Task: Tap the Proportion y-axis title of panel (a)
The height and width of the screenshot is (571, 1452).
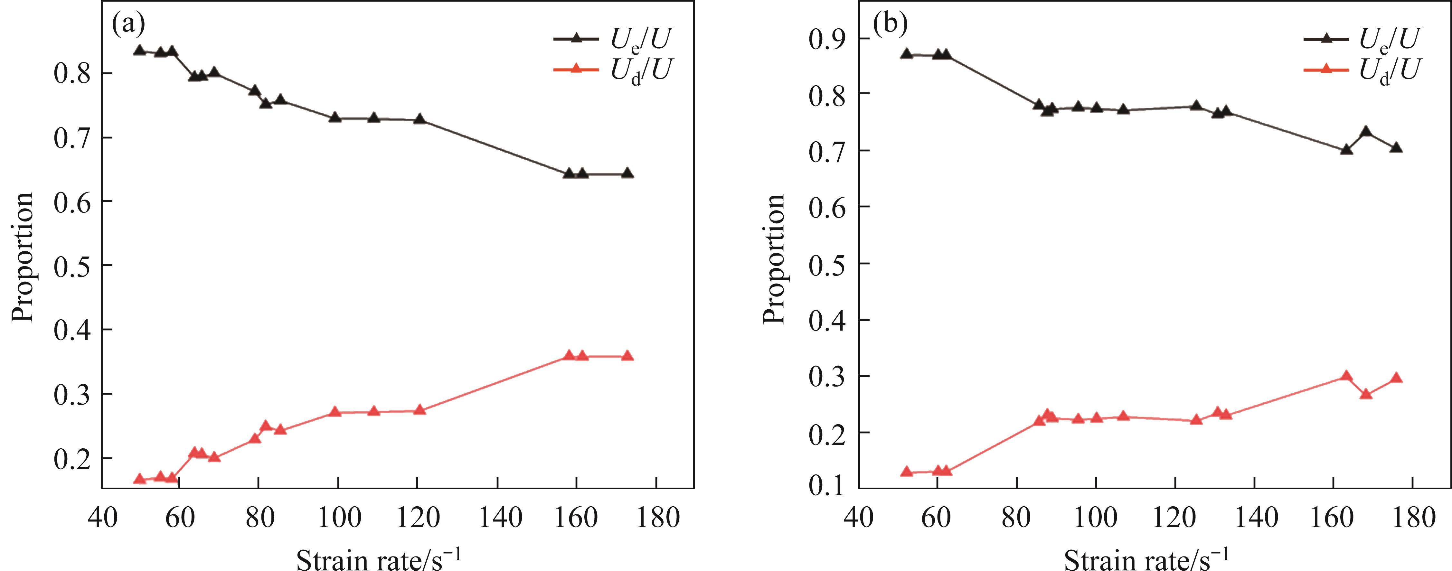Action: (x=24, y=257)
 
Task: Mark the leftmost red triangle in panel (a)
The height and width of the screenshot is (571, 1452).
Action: (x=140, y=480)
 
